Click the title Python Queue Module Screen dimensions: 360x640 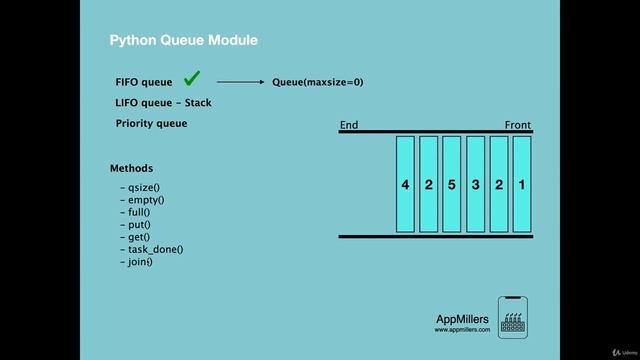(184, 40)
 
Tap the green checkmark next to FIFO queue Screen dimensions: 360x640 (193, 79)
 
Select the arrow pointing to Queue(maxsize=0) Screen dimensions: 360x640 (240, 82)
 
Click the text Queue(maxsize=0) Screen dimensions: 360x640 (318, 82)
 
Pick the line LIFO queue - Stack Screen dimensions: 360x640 (164, 103)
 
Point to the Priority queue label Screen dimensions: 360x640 (151, 124)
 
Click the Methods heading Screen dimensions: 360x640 (132, 168)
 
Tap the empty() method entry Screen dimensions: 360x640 (144, 200)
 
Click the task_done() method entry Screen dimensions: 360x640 (154, 249)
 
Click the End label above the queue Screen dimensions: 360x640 (349, 125)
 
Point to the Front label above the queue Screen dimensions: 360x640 (518, 125)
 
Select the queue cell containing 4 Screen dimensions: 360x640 (405, 185)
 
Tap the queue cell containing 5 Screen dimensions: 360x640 (452, 185)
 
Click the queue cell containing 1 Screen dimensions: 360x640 (522, 185)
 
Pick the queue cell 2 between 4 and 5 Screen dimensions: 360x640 (428, 185)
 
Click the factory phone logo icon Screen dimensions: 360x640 (513, 317)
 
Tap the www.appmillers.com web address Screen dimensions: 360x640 (462, 329)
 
